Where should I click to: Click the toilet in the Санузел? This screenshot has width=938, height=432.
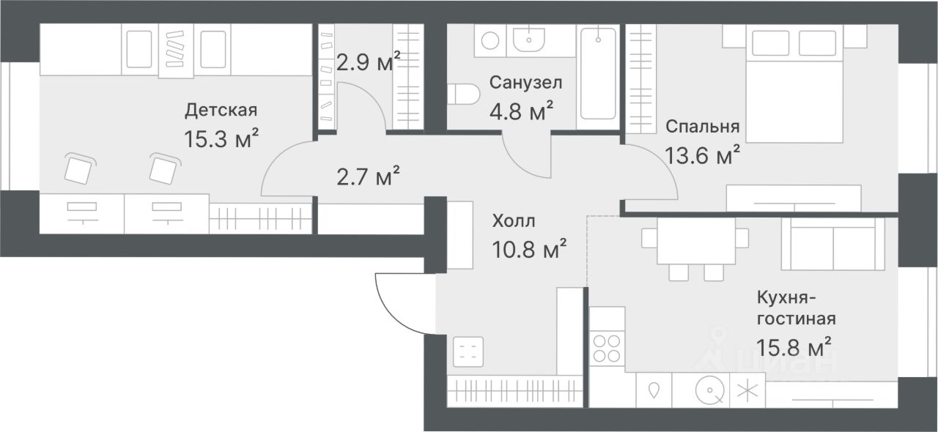tap(463, 94)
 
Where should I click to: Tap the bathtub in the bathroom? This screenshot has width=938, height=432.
tap(598, 74)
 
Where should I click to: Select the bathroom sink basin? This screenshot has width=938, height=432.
tap(529, 40)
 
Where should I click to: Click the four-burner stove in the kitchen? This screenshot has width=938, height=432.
tap(608, 349)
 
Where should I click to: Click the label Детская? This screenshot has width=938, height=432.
tap(221, 110)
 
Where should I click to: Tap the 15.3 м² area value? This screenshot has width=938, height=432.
tap(221, 139)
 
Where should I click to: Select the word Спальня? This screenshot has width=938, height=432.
tap(703, 127)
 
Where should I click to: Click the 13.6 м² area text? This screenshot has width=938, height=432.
tap(702, 155)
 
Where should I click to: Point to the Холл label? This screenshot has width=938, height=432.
tap(514, 220)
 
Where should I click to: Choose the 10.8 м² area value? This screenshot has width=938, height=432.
tap(529, 250)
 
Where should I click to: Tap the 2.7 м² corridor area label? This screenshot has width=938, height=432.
tap(368, 176)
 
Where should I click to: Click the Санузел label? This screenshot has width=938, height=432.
tap(525, 83)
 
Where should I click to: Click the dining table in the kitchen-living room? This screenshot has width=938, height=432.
tap(696, 241)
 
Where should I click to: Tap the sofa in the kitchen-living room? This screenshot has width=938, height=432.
tap(833, 244)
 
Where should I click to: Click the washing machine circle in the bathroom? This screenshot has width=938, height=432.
tap(490, 40)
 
